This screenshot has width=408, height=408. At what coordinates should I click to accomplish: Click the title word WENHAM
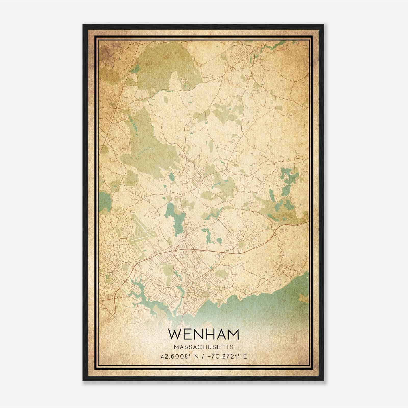203,335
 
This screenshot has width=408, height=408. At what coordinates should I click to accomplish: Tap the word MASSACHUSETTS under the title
203,347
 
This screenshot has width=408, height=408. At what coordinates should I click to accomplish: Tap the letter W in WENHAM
174,335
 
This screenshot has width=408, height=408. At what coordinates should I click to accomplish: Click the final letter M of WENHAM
233,335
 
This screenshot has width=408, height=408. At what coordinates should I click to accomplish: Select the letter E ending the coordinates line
245,356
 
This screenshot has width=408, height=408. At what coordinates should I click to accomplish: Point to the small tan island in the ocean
303,297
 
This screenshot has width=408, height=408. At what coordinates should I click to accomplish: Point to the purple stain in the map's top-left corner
105,48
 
